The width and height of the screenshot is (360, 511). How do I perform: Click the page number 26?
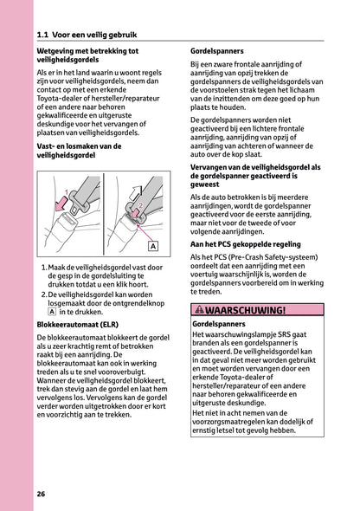click(42, 494)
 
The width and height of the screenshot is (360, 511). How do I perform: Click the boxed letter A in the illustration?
click(152, 246)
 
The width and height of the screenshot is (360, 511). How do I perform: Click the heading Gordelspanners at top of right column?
click(218, 51)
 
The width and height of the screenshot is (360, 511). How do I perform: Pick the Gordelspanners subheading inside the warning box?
click(218, 324)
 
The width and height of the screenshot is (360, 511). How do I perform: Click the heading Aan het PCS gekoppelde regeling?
click(245, 246)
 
